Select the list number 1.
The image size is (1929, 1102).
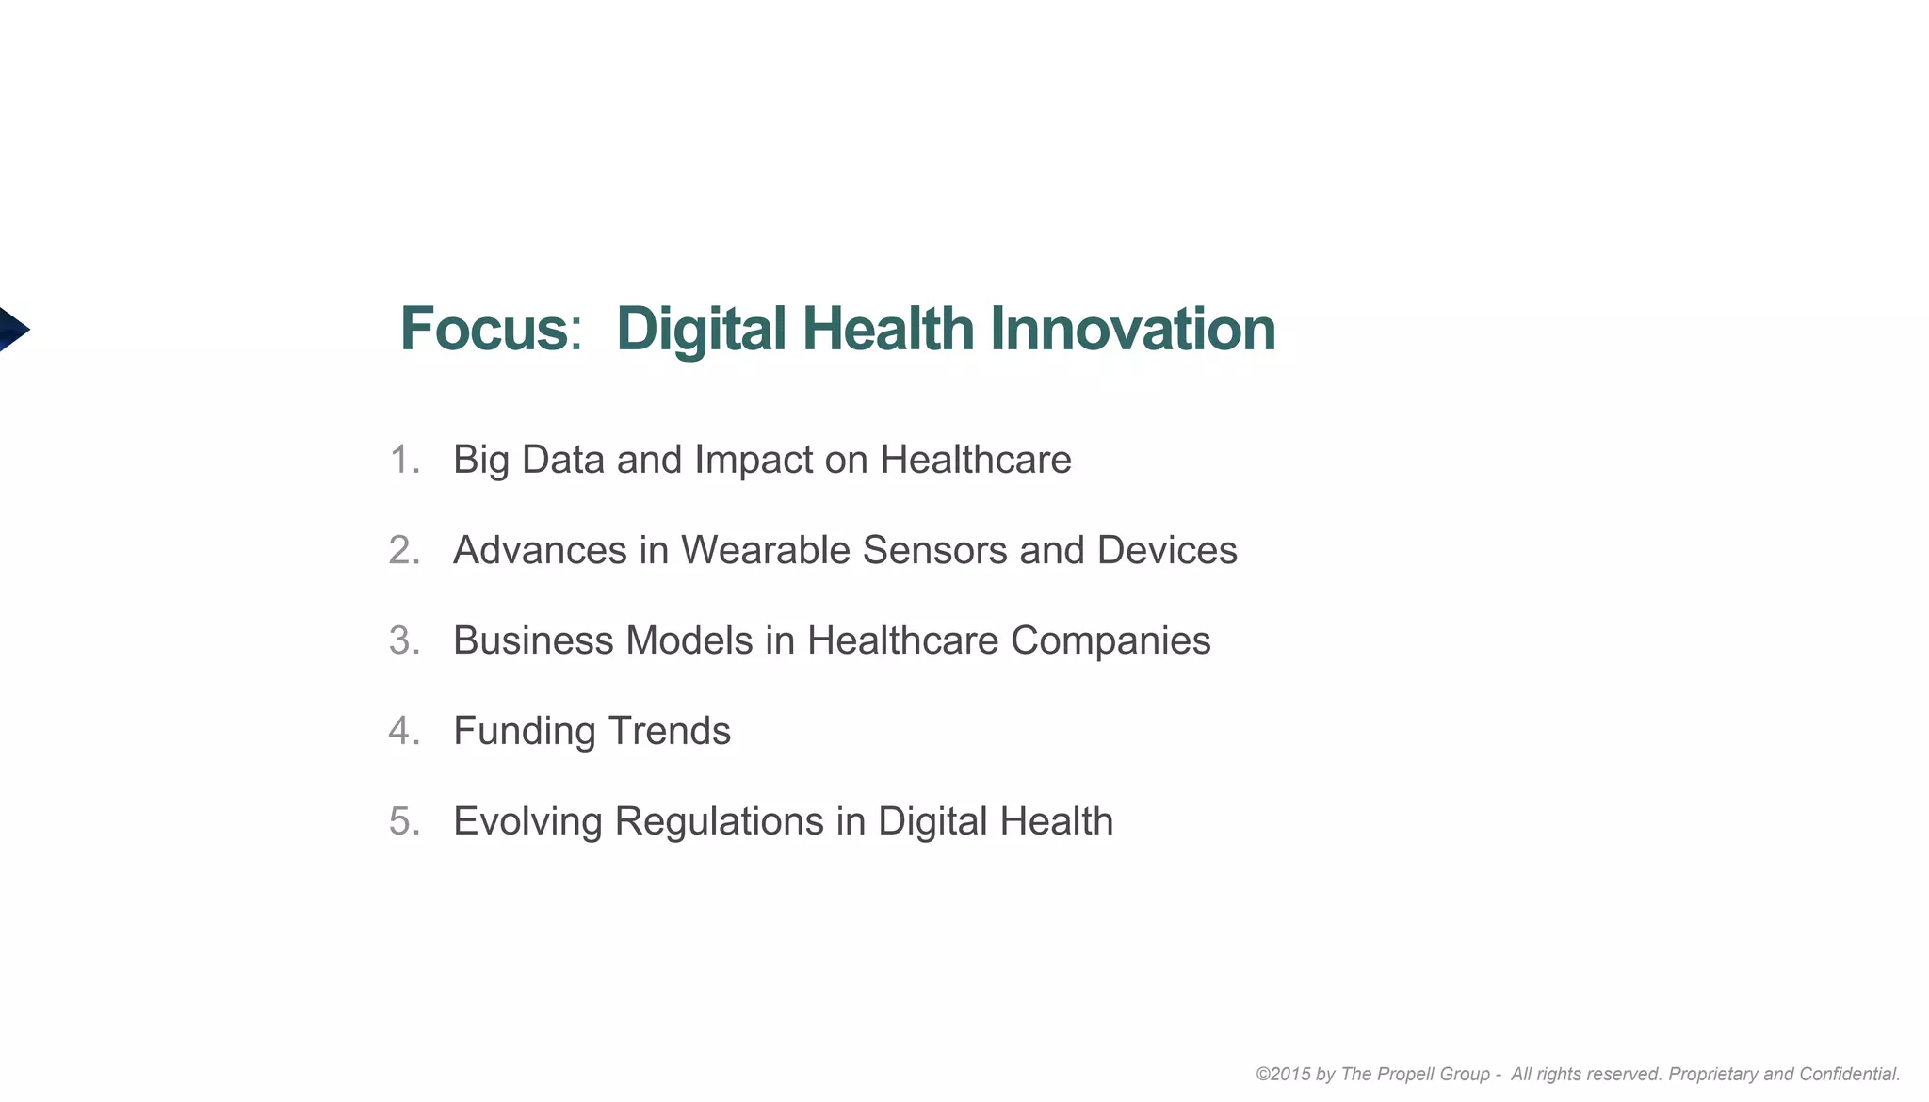[x=403, y=460]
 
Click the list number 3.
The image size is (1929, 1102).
[x=403, y=640]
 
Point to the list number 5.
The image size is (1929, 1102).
[x=403, y=821]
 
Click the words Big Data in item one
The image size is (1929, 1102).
[x=527, y=460]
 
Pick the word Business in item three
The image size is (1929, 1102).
[x=533, y=640]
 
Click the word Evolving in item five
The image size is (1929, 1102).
[x=527, y=821]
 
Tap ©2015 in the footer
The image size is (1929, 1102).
[x=1282, y=1075]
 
